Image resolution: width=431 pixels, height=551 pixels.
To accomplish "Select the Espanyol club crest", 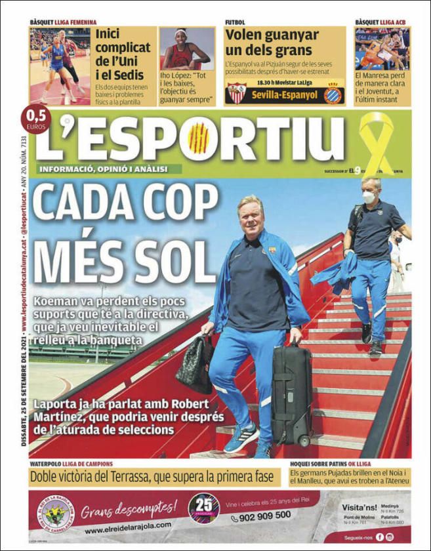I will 333,93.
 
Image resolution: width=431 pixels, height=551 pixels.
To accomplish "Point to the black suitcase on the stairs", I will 291,394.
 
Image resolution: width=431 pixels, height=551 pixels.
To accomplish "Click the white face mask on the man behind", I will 369,197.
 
